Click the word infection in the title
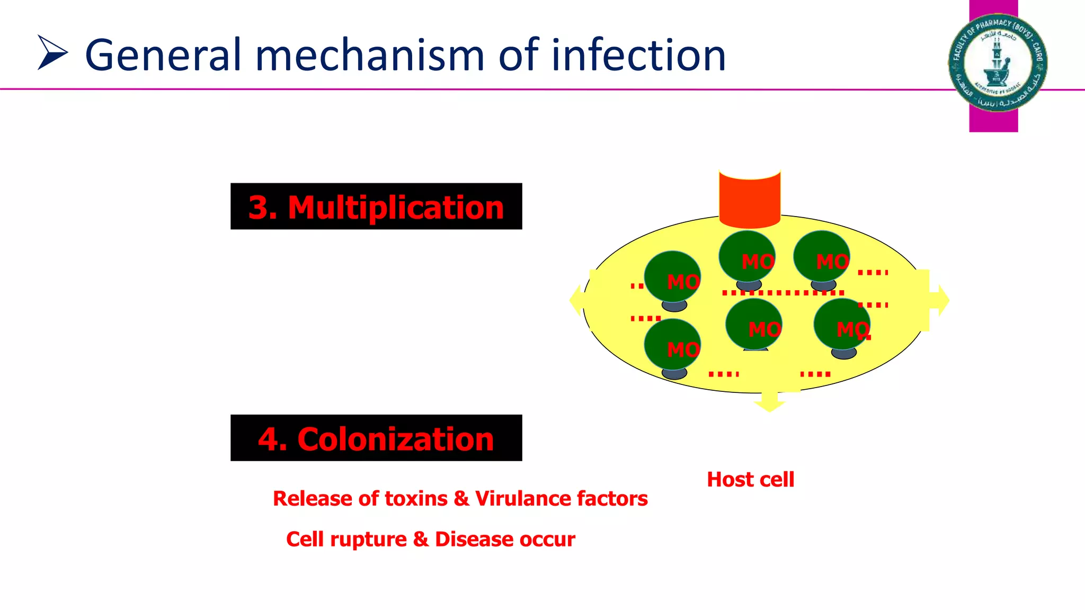[638, 55]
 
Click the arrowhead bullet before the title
[52, 52]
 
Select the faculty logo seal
[997, 62]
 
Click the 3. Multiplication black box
[376, 207]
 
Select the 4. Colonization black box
[376, 438]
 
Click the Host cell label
[750, 480]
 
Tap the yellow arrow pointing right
[939, 300]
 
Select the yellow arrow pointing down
[769, 402]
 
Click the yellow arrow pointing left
[579, 300]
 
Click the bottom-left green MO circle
[672, 344]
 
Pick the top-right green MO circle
[821, 256]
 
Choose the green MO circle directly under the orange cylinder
[747, 256]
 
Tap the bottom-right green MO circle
[842, 324]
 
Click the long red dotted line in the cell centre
[783, 293]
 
